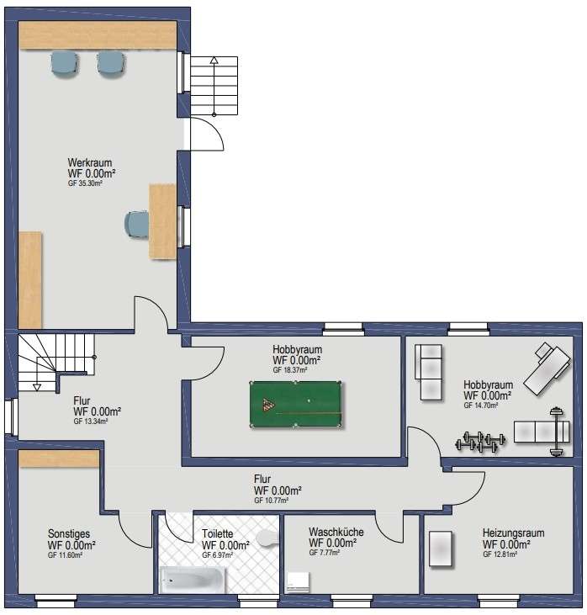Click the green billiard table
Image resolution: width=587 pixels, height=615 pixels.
pos(295,404)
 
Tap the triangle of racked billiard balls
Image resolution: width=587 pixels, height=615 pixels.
pos(268,405)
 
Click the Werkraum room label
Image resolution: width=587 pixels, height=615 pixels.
pos(90,162)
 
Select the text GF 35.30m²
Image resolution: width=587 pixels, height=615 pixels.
pos(85,183)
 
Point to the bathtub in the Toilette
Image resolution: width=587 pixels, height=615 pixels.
pos(193,581)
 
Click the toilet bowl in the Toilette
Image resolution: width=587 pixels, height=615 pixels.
pos(267,538)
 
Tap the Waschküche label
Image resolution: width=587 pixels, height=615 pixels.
pos(336,533)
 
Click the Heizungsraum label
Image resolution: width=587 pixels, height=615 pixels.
pos(513,533)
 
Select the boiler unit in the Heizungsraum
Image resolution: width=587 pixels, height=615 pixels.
pos(440,549)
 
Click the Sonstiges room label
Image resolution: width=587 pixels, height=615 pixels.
pos(69,533)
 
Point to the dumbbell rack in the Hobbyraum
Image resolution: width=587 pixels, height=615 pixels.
pos(479,442)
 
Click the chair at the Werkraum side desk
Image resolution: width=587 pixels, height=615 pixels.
pos(136,224)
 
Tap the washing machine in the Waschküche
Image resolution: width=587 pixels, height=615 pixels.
pos(298,582)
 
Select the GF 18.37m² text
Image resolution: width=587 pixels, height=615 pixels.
pos(290,370)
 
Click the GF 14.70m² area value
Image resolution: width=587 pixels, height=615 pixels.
pos(481,406)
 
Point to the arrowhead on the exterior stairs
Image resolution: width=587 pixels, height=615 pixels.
pos(214,60)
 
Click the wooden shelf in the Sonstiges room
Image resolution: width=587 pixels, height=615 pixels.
pos(59,459)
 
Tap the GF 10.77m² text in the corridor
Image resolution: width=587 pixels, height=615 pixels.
pos(272,501)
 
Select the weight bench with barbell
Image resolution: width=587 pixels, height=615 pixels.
pos(542,432)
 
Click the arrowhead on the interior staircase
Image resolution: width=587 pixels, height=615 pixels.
pos(37,388)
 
